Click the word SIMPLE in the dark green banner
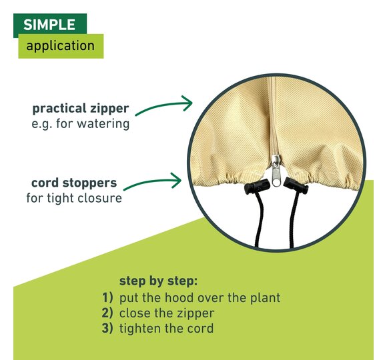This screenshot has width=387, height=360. pos(49,25)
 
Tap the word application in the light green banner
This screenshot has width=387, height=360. pos(61,46)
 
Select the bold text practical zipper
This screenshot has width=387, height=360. pos(81,109)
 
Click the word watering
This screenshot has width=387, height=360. pos(103,123)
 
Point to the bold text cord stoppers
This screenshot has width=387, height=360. pos(74,183)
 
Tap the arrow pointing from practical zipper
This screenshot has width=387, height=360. pos(164,105)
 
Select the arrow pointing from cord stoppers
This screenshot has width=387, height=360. pos(153,182)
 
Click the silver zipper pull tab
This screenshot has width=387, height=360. pos(276,171)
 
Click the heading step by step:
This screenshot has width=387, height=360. pos(158,281)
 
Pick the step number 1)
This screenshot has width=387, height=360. pos(107,297)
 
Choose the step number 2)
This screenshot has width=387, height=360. pos(107,313)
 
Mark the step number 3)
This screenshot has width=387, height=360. pos(107,328)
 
